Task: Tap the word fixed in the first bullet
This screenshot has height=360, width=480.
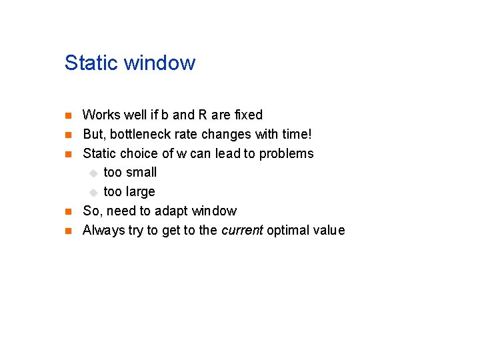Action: [248, 115]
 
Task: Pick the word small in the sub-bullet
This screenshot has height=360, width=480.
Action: [141, 172]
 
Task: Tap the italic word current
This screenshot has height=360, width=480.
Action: [241, 230]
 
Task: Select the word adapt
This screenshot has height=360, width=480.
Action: [173, 211]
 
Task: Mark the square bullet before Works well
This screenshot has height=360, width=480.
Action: [68, 115]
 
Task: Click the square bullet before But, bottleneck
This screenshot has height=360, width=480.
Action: [68, 135]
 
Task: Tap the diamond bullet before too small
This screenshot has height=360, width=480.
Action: [94, 173]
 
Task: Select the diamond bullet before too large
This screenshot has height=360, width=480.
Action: [94, 192]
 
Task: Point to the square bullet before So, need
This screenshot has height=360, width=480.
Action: [68, 211]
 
